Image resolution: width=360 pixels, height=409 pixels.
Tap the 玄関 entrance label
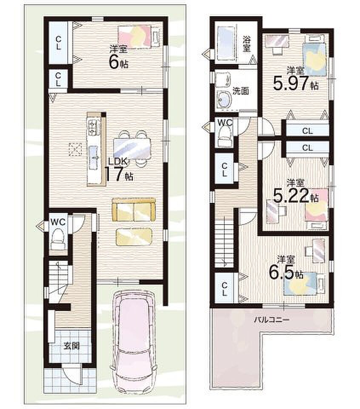[x=71, y=346]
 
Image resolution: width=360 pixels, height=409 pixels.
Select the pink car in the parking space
[x=134, y=339]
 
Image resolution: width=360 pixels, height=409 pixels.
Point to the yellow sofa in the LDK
[x=134, y=210]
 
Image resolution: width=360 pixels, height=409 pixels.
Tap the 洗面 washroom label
[x=240, y=91]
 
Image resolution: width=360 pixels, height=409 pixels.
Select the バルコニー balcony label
[x=271, y=319]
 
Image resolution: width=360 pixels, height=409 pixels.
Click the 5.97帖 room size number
[x=296, y=83]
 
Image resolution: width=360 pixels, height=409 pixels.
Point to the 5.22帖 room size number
[x=296, y=196]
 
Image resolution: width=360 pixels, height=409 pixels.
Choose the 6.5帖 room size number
[x=286, y=272]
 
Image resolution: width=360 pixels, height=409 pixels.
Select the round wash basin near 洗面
[x=224, y=100]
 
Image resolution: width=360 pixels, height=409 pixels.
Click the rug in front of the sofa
[x=134, y=236]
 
